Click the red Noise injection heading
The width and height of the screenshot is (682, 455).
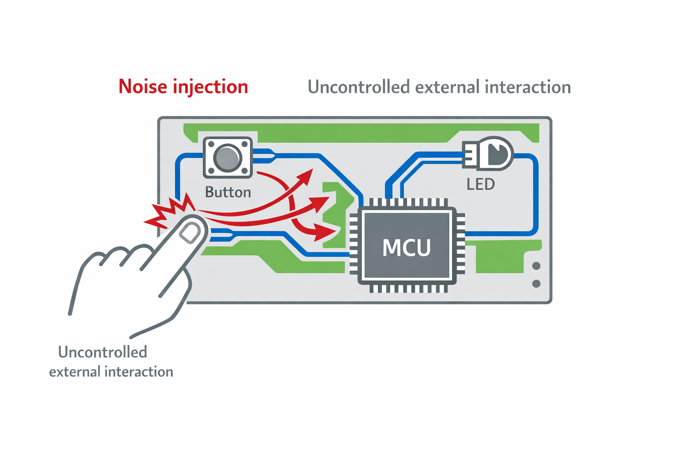183,87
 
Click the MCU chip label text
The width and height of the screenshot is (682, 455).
406,247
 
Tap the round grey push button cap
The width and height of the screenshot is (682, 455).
227,158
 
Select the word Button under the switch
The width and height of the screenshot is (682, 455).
228,192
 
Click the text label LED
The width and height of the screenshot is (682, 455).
480,184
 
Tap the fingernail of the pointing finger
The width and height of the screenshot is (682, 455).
190,233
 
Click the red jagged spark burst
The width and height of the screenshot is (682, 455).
171,212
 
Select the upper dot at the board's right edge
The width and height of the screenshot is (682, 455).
536,266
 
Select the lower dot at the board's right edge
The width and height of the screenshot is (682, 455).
536,283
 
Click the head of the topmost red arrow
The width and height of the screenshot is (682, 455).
306,176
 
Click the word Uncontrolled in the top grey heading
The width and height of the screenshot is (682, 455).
358,87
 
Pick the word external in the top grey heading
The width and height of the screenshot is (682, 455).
447,87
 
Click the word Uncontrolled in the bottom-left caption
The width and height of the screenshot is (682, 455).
103,352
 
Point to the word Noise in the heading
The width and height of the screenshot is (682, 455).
143,87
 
